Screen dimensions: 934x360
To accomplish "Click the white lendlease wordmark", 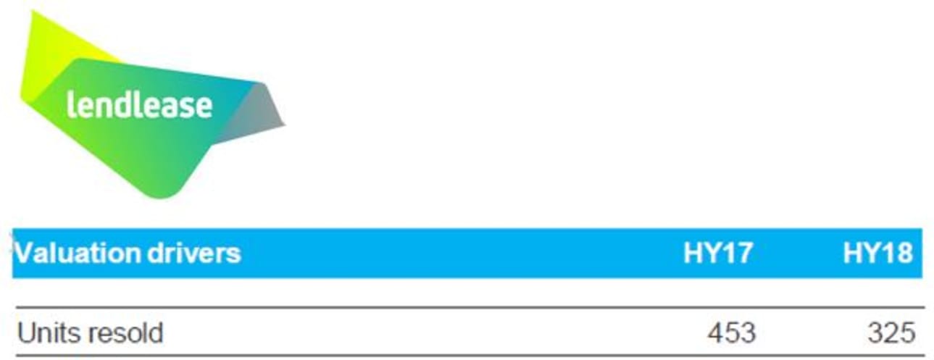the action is pyautogui.click(x=139, y=105).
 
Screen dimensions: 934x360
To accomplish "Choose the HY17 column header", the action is pyautogui.click(x=717, y=254).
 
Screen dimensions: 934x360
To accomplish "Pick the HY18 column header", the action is pyautogui.click(x=877, y=254).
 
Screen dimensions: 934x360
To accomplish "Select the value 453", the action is pyautogui.click(x=731, y=334).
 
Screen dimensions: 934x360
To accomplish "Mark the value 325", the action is pyautogui.click(x=891, y=334).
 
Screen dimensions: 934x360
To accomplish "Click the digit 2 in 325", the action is pyautogui.click(x=891, y=334).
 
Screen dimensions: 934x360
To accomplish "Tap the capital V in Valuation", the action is pyautogui.click(x=24, y=254).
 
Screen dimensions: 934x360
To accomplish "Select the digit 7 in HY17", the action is pyautogui.click(x=744, y=254).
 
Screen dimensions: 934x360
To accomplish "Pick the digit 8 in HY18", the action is pyautogui.click(x=904, y=254).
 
